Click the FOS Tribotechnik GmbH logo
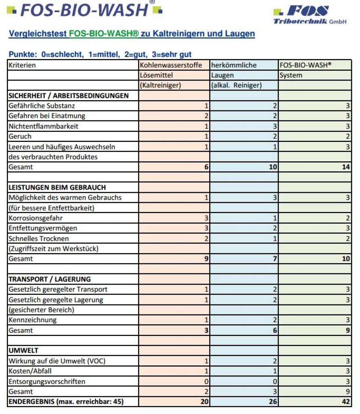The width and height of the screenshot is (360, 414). (309, 15)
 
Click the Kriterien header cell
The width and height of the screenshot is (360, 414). (22, 65)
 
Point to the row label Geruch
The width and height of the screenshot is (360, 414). (20, 136)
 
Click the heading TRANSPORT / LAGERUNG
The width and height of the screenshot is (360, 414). (49, 279)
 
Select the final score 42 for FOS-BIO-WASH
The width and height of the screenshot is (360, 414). (346, 402)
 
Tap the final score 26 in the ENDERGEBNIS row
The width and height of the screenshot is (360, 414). (273, 402)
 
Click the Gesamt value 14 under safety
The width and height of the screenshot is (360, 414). (346, 167)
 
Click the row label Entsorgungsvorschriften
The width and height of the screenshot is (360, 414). (47, 381)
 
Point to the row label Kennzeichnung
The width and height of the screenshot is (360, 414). (32, 320)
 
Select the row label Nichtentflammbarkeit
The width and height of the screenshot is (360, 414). (43, 126)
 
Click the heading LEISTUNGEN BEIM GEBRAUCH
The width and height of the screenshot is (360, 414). (57, 188)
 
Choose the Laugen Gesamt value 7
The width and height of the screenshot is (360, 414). (275, 259)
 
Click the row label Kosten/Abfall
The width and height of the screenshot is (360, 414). (30, 371)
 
